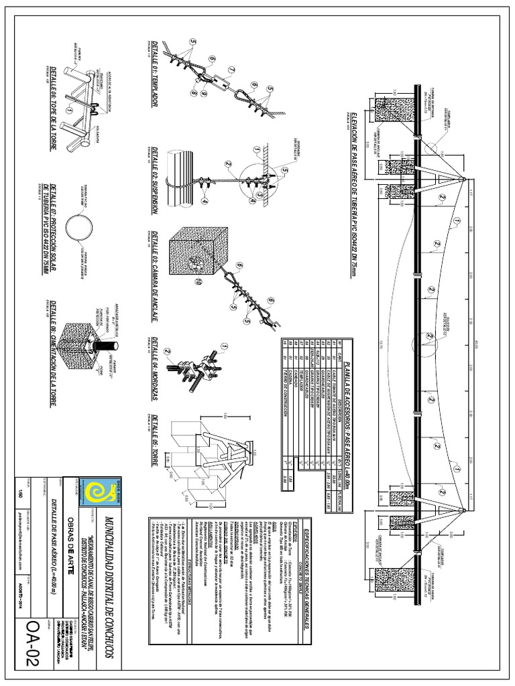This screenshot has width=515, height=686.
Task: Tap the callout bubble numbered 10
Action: [x=198, y=283]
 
